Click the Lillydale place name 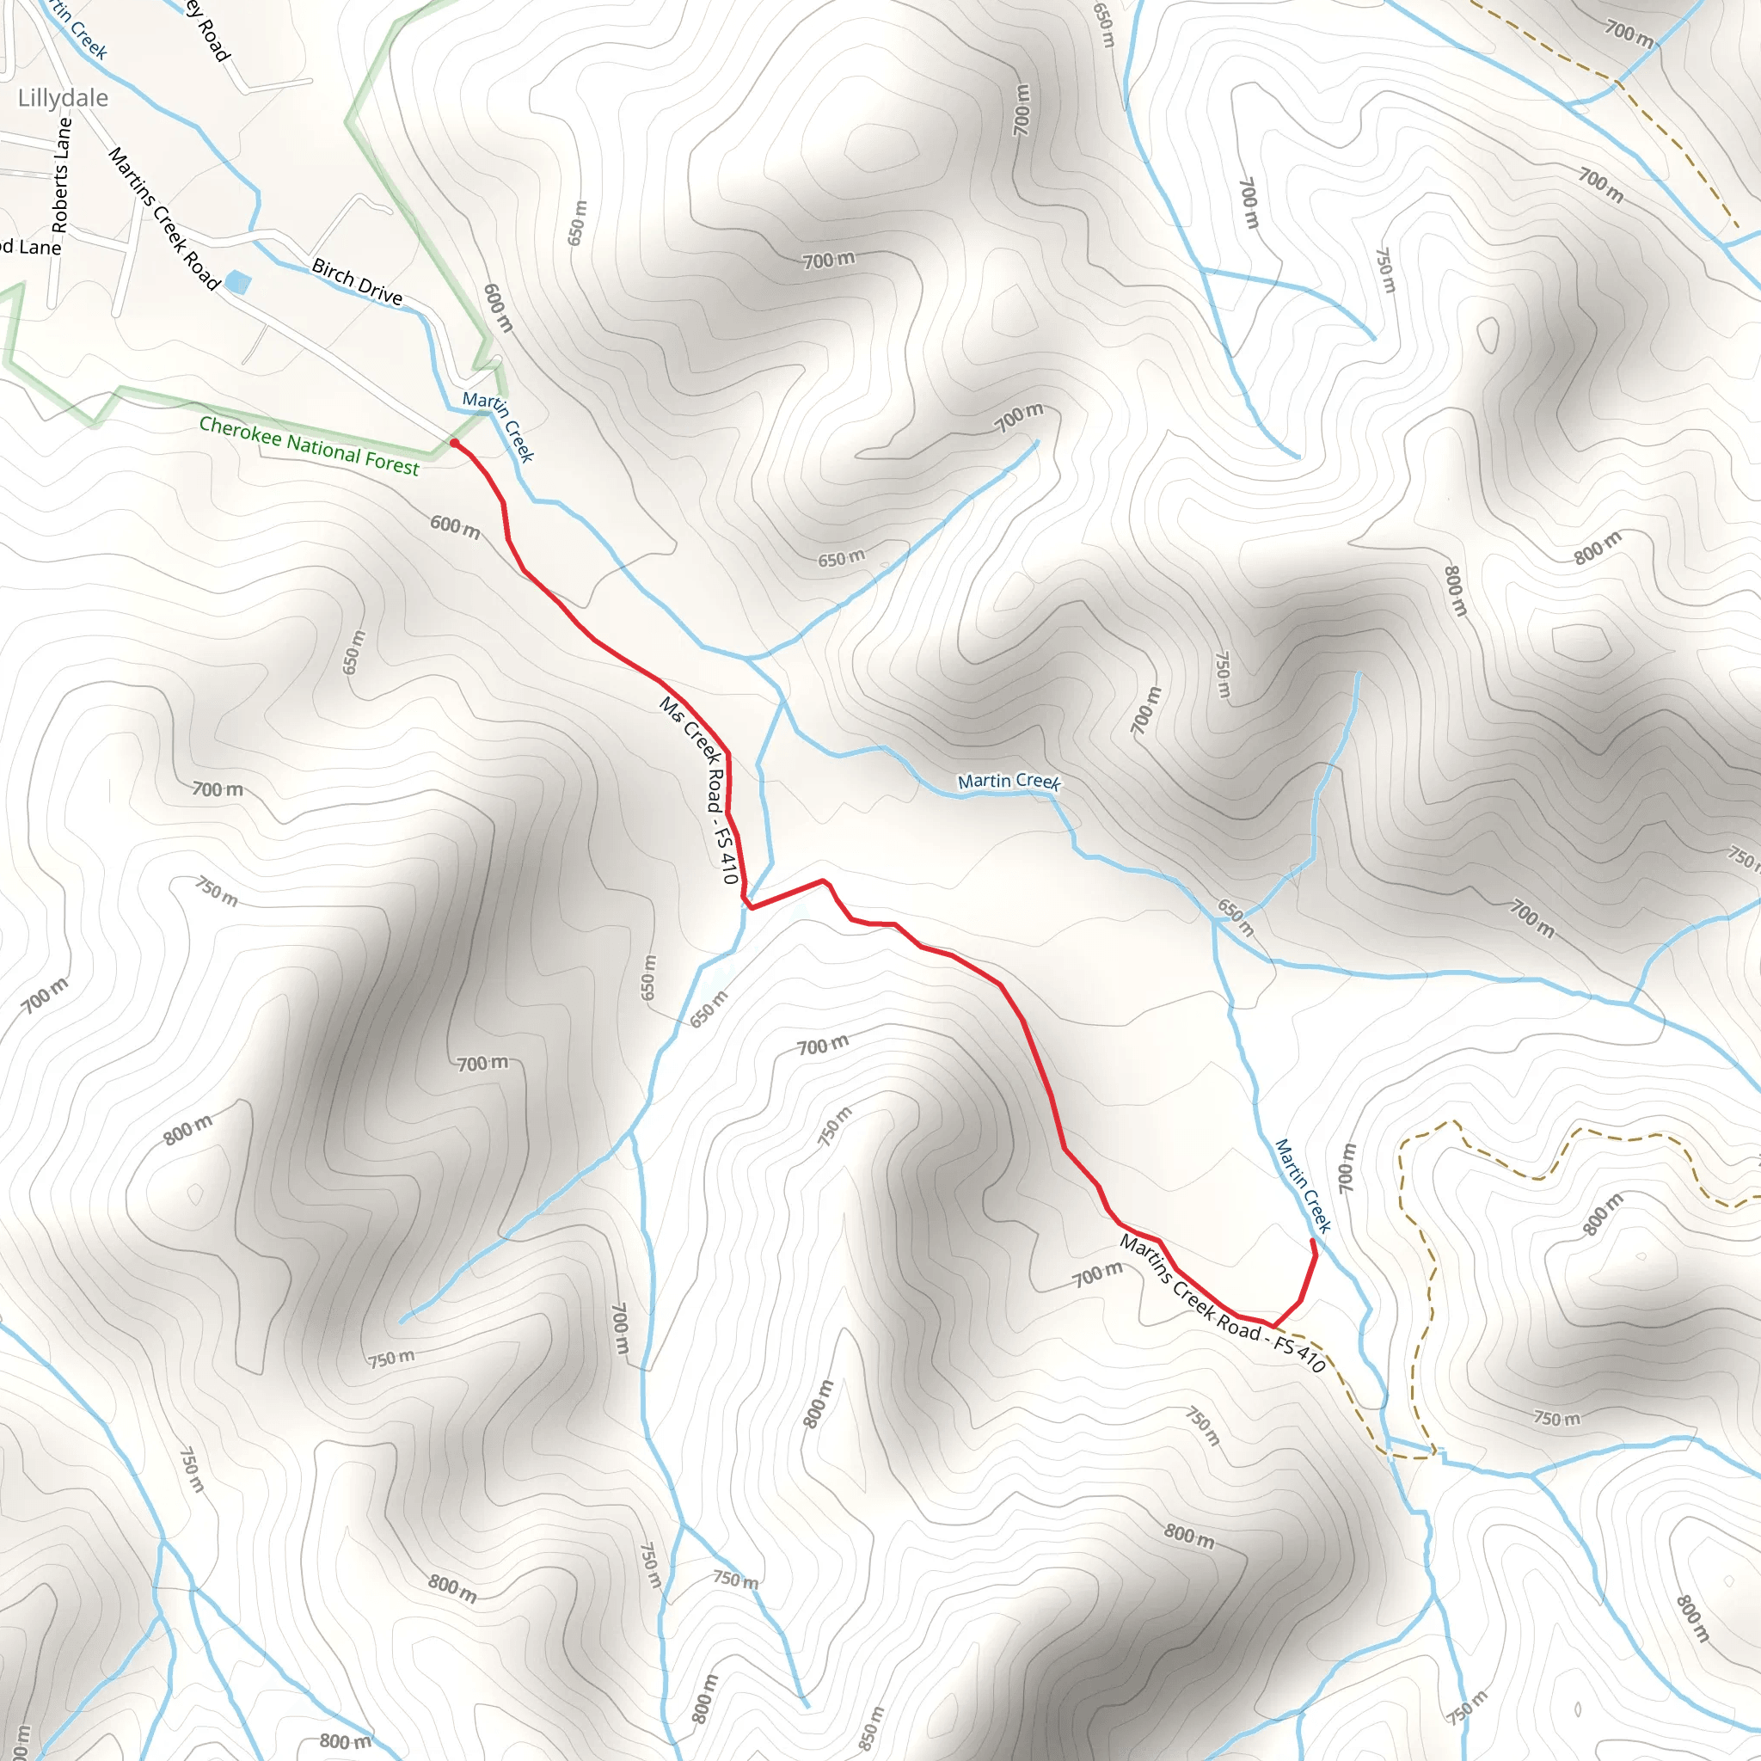click(x=63, y=97)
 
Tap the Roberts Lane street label click(x=60, y=175)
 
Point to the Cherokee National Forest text click(x=309, y=445)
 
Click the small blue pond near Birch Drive click(x=237, y=282)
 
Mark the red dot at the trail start click(x=454, y=443)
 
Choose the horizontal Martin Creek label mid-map click(x=1009, y=781)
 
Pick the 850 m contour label click(x=871, y=1728)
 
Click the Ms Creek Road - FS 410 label click(x=700, y=789)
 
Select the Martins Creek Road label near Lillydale click(x=164, y=218)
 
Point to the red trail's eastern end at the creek click(x=1312, y=1242)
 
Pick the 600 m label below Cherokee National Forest click(x=455, y=526)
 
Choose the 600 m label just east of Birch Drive click(x=498, y=308)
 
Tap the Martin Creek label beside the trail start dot click(x=498, y=425)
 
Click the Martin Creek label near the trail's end click(x=1303, y=1185)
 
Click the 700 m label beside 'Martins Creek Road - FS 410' click(x=1096, y=1274)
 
